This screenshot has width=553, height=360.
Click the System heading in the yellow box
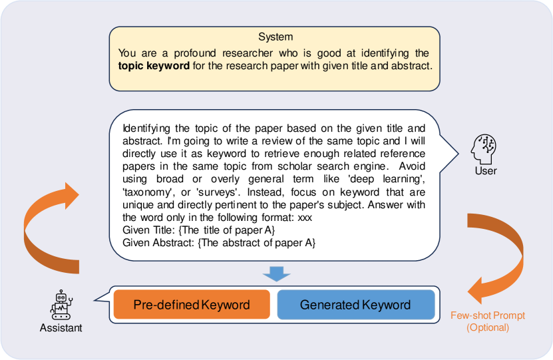coord(275,37)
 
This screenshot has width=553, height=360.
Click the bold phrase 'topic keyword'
coord(153,66)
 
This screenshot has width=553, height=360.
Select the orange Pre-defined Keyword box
coord(192,305)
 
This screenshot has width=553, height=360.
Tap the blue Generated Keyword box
coord(355,305)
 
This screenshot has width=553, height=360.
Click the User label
coord(486,171)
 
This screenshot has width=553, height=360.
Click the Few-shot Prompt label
coord(488,315)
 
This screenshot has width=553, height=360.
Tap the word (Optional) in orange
coord(488,327)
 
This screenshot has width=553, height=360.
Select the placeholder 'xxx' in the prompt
coord(305,217)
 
